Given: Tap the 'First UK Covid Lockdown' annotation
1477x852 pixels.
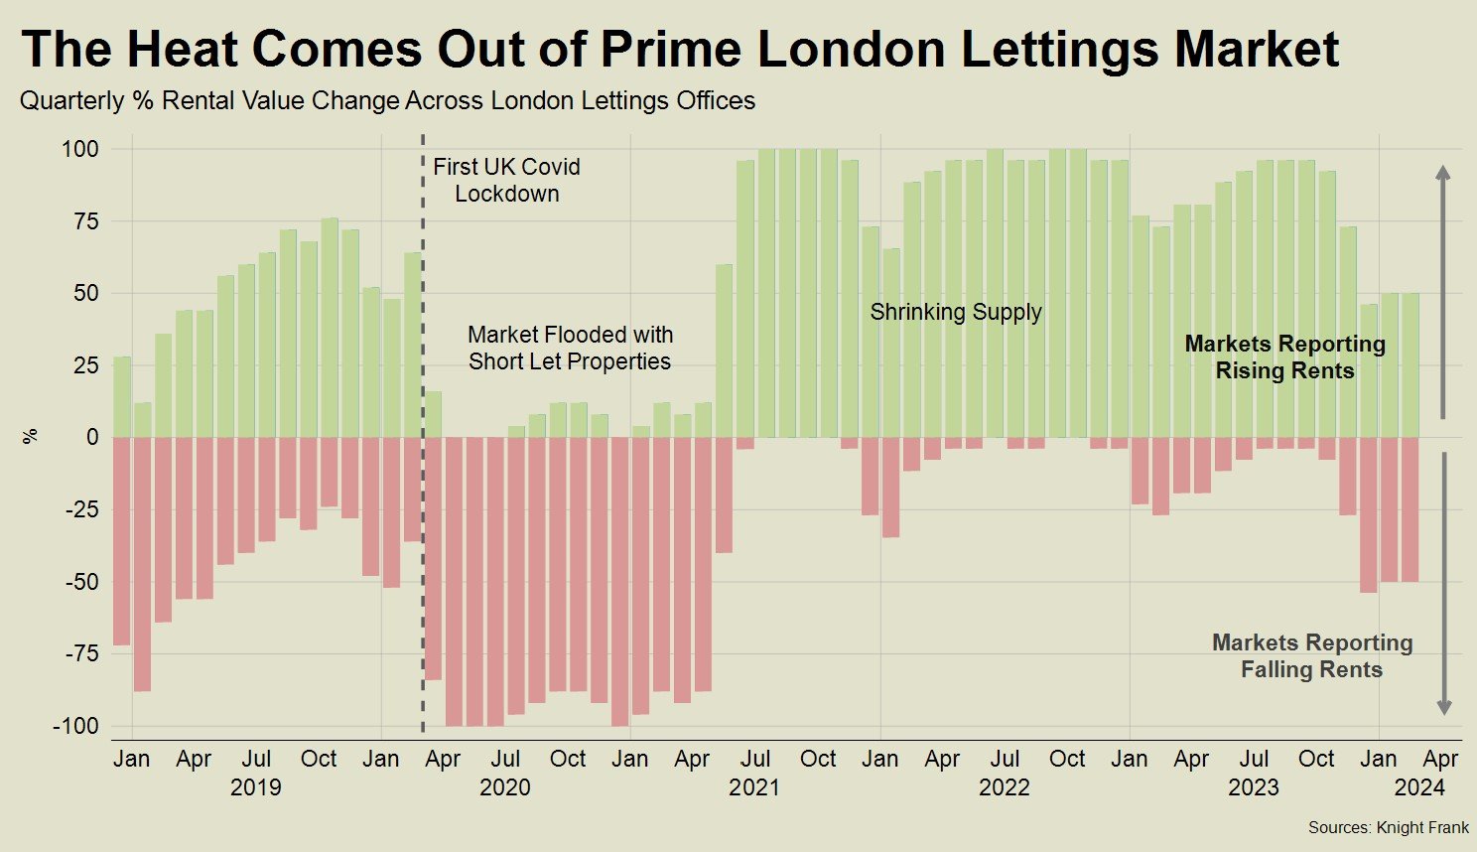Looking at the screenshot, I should (x=506, y=180).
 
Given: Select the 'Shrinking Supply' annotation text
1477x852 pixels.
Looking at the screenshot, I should (x=956, y=312).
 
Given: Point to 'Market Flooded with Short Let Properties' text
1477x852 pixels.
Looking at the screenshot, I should (x=570, y=348).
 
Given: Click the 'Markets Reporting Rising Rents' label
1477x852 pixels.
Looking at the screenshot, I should (x=1284, y=357).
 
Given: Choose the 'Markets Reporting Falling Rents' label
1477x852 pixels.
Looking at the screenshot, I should (x=1311, y=655).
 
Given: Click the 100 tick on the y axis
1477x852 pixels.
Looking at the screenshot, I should (x=80, y=149).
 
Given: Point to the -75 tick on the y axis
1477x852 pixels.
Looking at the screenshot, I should (x=80, y=653).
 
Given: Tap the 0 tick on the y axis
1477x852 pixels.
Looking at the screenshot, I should (x=92, y=437).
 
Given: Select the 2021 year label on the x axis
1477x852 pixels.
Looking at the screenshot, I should (x=754, y=787).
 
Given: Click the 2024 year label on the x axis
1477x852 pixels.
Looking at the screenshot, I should (x=1419, y=787).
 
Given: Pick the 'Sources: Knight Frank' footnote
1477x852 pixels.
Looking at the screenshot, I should (x=1388, y=827).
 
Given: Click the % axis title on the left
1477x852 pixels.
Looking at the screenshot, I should (x=31, y=436).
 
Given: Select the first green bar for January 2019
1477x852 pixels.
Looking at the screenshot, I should (x=122, y=397).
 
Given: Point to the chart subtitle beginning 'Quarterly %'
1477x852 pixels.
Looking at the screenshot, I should (x=387, y=100).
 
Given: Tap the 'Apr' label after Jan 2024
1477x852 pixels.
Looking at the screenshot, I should (x=1440, y=759).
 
